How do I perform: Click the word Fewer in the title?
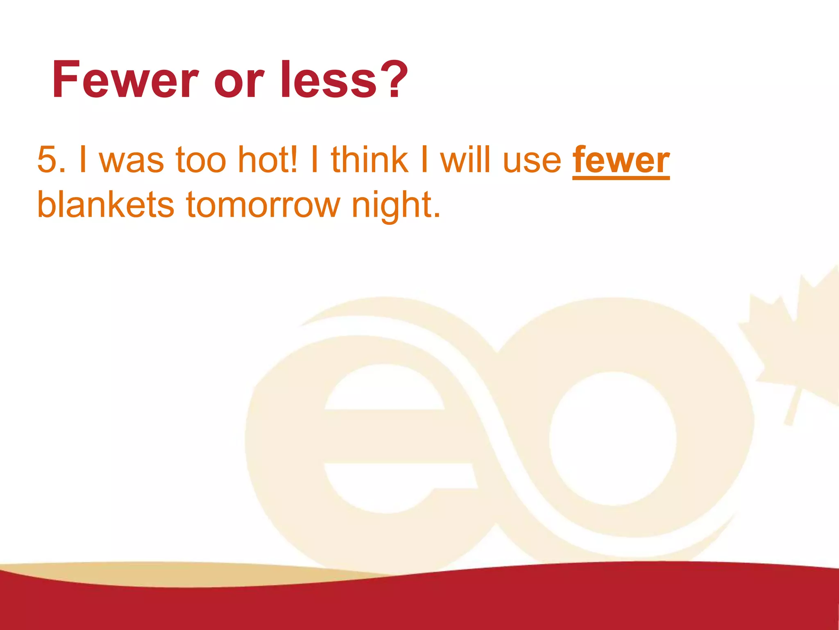(x=125, y=80)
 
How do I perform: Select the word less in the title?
(x=328, y=80)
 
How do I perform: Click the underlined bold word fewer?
(x=621, y=160)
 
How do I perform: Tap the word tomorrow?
(x=263, y=205)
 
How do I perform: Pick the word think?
(x=369, y=160)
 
